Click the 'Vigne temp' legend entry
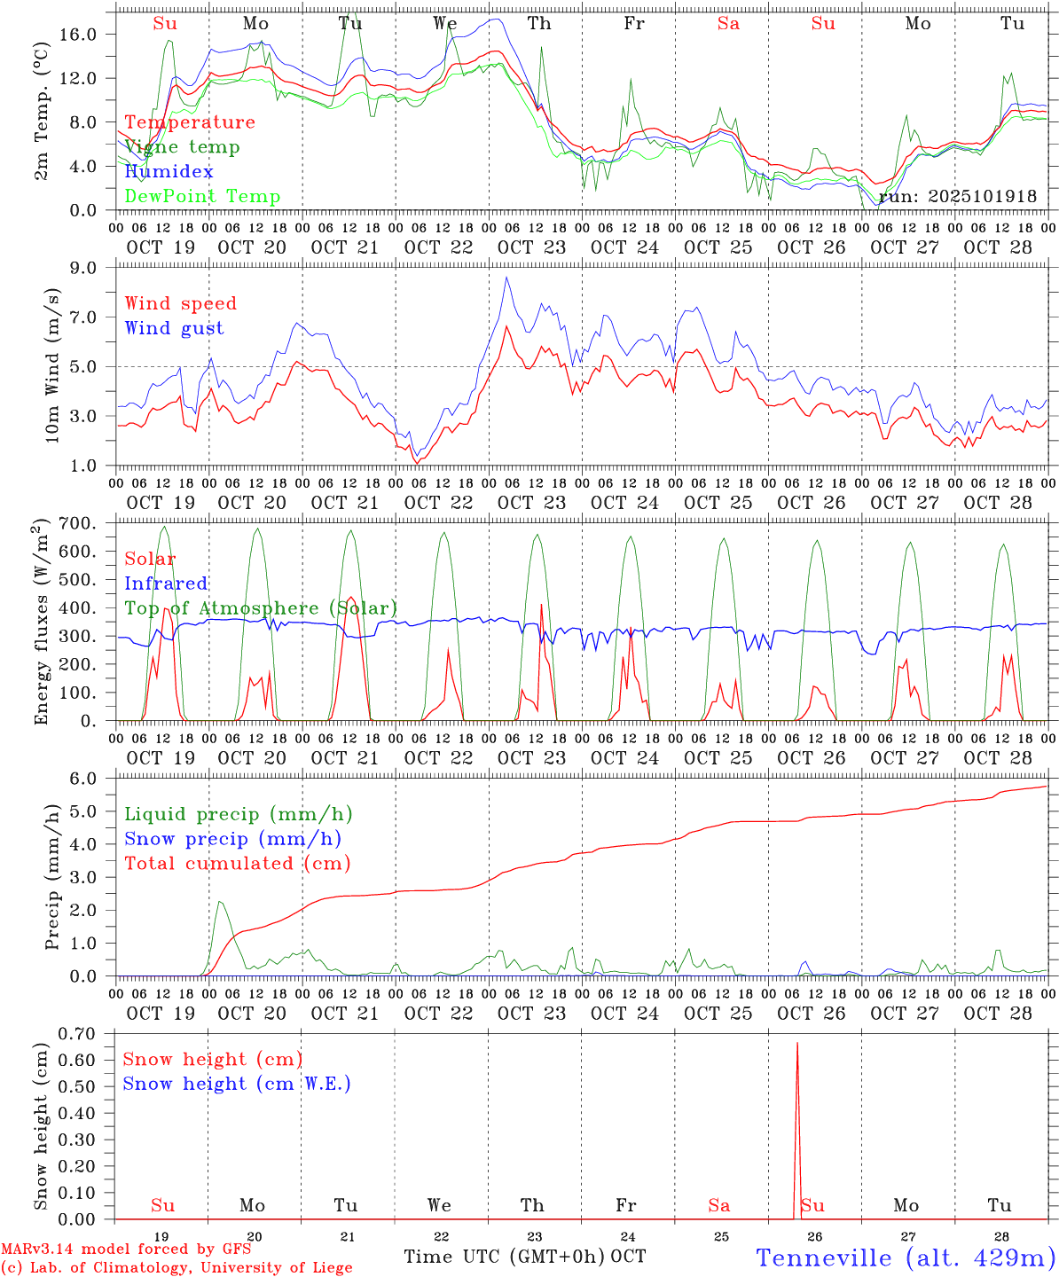pos(182,147)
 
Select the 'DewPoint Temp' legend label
pos(202,197)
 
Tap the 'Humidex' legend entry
pos(169,172)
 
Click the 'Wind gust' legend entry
pos(174,328)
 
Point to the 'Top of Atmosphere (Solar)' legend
pos(261,608)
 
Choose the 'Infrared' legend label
pos(166,584)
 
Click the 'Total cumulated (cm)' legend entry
pos(237,864)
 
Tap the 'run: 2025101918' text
pos(957,197)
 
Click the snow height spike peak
pos(796,1044)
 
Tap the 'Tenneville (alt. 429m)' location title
pos(905,1257)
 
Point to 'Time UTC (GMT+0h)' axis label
pos(505,1257)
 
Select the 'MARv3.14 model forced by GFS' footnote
pos(125,1250)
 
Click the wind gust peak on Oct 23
pos(506,278)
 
